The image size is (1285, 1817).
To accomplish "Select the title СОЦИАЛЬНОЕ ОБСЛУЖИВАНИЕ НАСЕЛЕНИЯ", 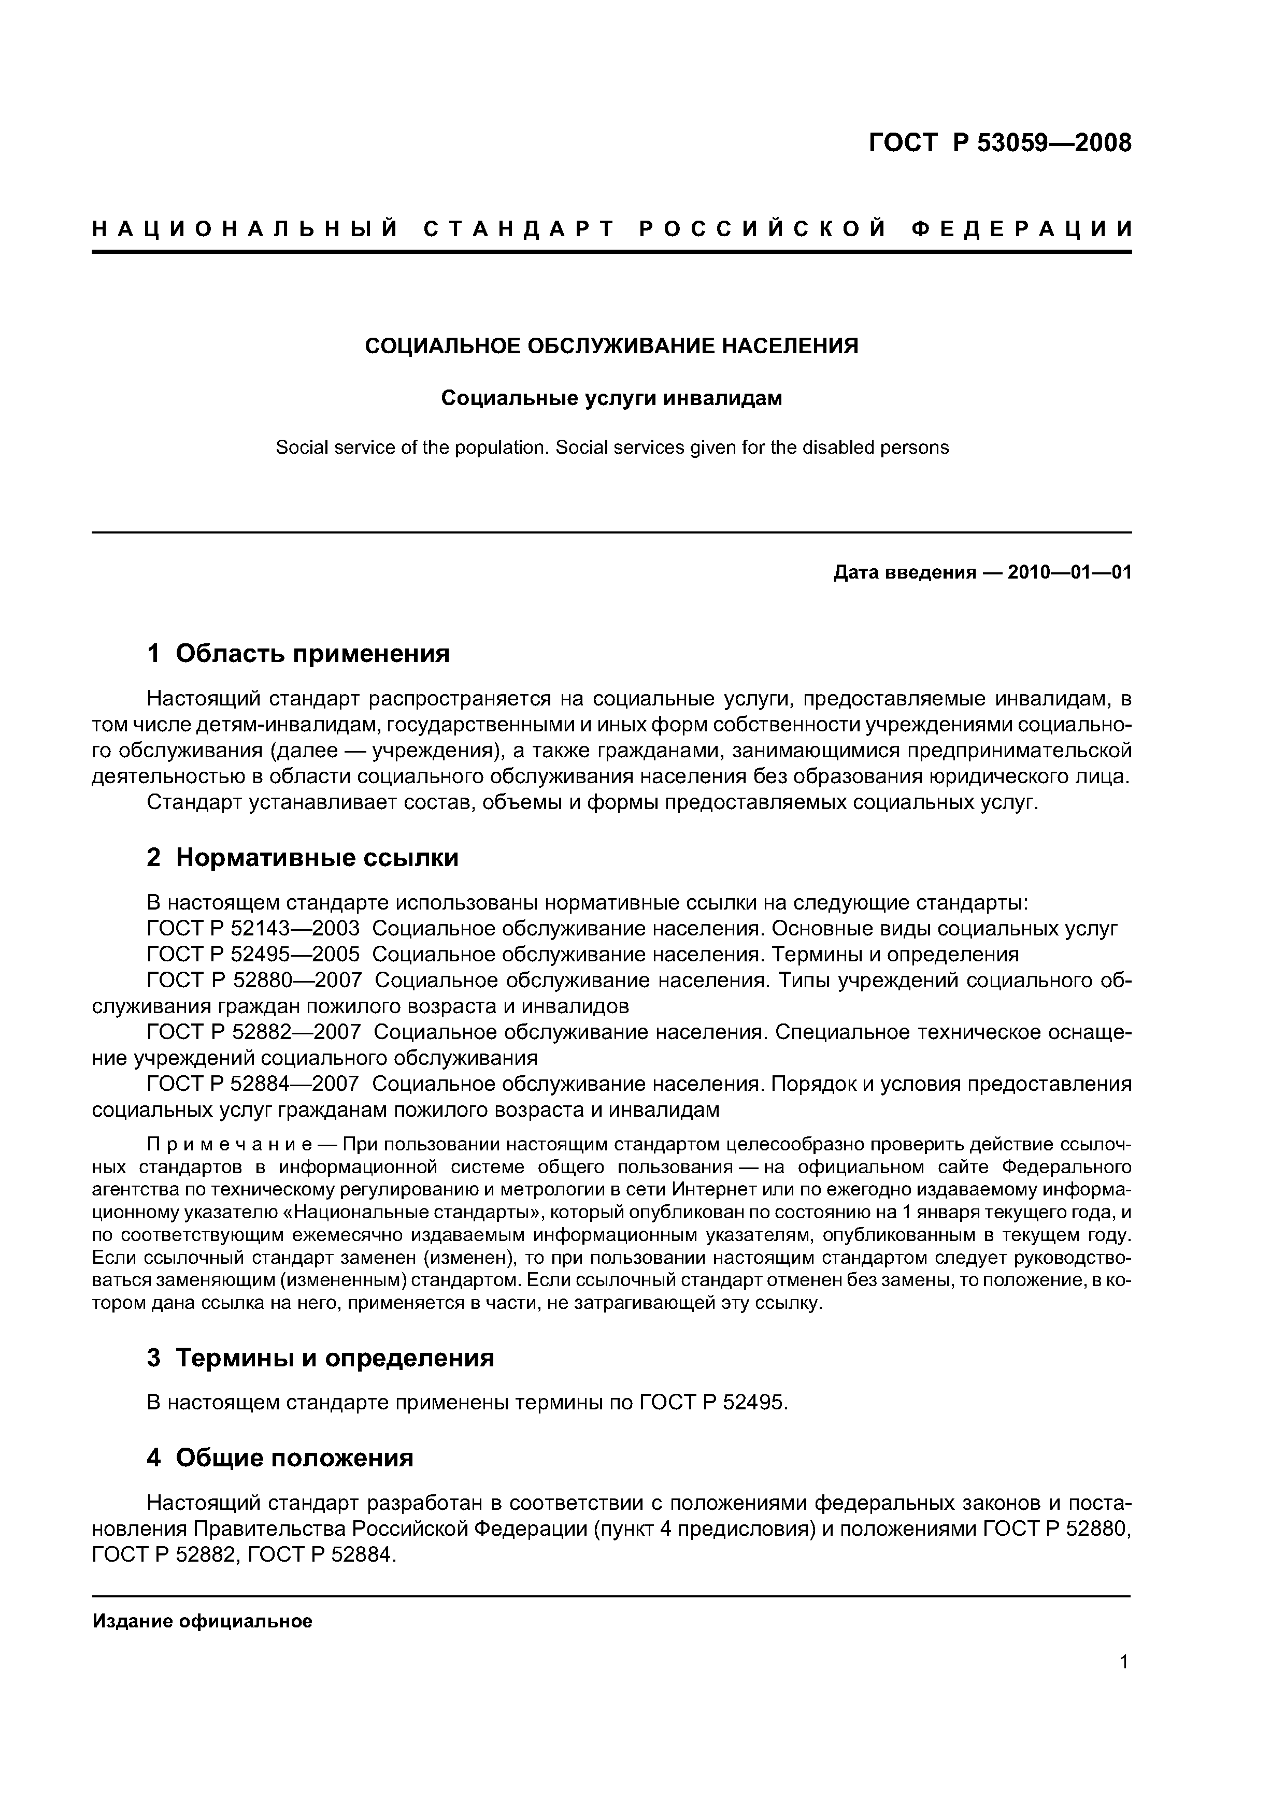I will point(611,347).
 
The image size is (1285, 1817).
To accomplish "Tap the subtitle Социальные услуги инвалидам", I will point(611,398).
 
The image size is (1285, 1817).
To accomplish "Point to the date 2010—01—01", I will point(1069,572).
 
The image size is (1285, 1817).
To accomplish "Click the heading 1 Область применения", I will point(298,654).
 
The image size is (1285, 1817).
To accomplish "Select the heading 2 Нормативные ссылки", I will point(303,858).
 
